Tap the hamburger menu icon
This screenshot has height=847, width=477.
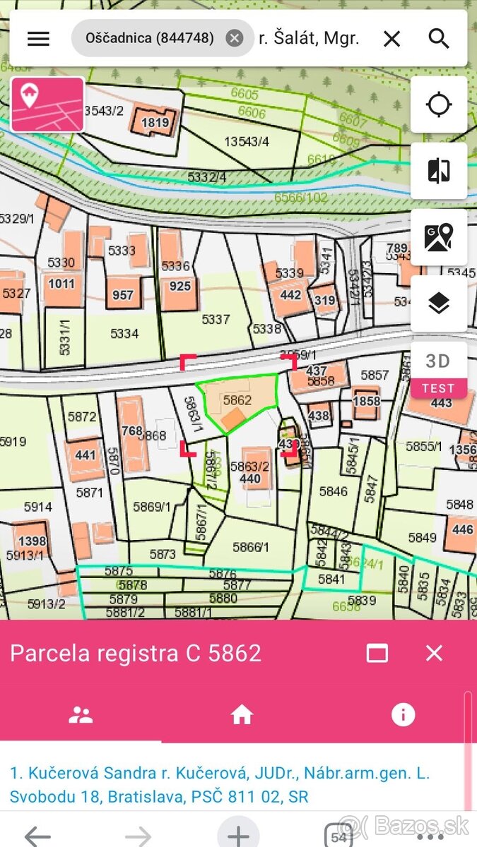pyautogui.click(x=38, y=39)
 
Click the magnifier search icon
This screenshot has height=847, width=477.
pyautogui.click(x=439, y=39)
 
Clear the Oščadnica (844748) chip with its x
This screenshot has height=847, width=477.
pyautogui.click(x=235, y=38)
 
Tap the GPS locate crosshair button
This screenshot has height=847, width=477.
pyautogui.click(x=439, y=104)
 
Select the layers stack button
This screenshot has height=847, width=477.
pyautogui.click(x=439, y=304)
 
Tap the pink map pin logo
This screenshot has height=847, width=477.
pyautogui.click(x=48, y=104)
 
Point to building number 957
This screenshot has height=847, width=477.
pyautogui.click(x=123, y=294)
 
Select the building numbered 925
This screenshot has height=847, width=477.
pyautogui.click(x=180, y=287)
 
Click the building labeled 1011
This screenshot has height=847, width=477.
pyautogui.click(x=61, y=284)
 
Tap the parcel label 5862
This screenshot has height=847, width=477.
pyautogui.click(x=237, y=400)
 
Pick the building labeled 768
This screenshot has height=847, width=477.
pyautogui.click(x=132, y=431)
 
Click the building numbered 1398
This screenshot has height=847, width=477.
pyautogui.click(x=33, y=541)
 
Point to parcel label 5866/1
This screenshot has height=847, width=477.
pyautogui.click(x=252, y=546)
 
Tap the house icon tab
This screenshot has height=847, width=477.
pyautogui.click(x=242, y=715)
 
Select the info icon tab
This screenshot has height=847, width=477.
pyautogui.click(x=403, y=715)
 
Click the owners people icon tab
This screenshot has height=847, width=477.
pyautogui.click(x=81, y=715)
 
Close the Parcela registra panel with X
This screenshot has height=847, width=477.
pyautogui.click(x=434, y=653)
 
